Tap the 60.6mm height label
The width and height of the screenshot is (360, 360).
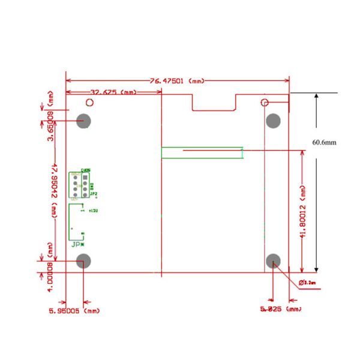pyautogui.click(x=325, y=142)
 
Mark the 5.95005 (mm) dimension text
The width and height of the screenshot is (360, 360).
pyautogui.click(x=74, y=311)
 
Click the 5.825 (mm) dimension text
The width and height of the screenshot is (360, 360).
pyautogui.click(x=281, y=309)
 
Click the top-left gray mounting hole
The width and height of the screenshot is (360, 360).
pyautogui.click(x=84, y=121)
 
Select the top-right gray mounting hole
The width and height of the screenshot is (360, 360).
pyautogui.click(x=274, y=121)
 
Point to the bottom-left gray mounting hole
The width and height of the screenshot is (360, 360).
pyautogui.click(x=84, y=261)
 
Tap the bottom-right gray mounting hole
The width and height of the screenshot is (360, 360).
pyautogui.click(x=274, y=261)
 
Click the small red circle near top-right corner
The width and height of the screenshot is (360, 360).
pyautogui.click(x=265, y=102)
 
